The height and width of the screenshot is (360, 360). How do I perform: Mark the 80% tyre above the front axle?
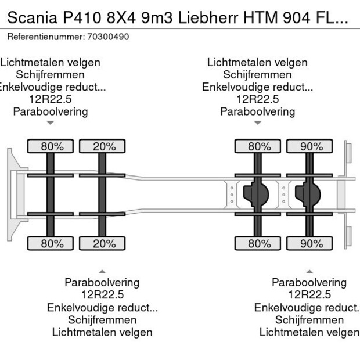click(x=52, y=146)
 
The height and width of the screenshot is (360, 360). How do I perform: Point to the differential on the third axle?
click(x=258, y=194)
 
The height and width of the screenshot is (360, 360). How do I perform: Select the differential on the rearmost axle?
click(x=309, y=194)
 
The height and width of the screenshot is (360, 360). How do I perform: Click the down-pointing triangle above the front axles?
click(x=51, y=123)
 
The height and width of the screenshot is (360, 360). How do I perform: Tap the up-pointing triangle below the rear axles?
click(x=309, y=271)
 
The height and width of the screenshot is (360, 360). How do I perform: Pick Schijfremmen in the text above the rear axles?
click(x=257, y=75)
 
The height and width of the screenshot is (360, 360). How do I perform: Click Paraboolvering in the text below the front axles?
click(x=102, y=282)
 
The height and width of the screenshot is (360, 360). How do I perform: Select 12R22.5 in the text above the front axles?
click(x=51, y=99)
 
